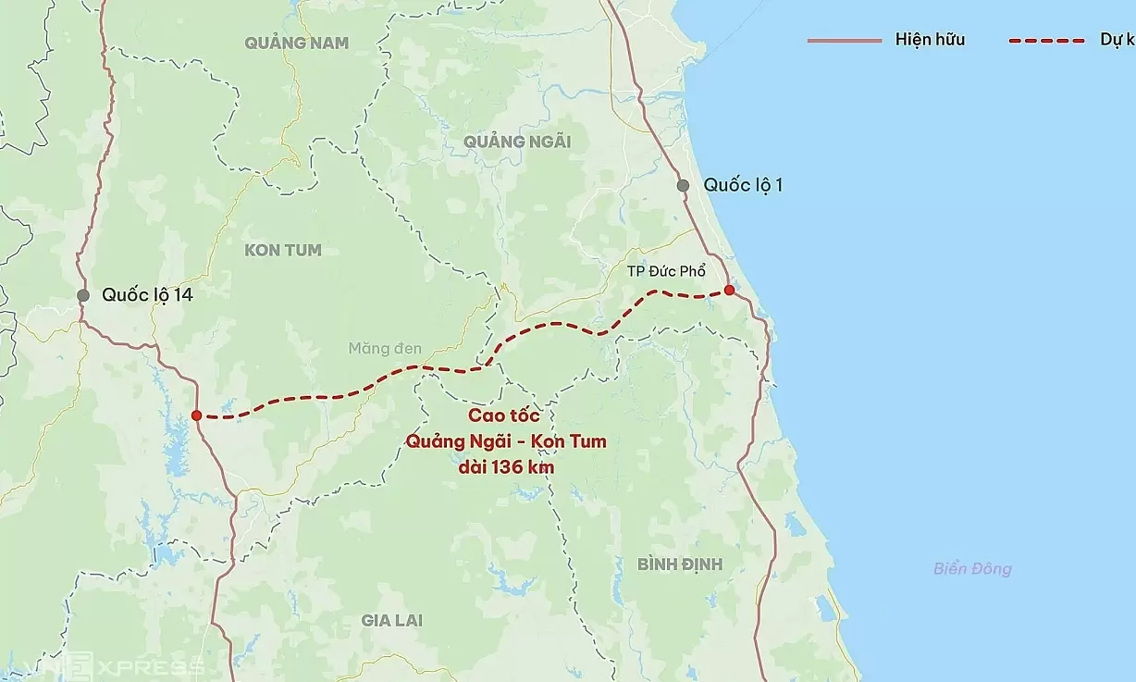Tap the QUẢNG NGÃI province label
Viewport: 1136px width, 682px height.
pyautogui.click(x=516, y=142)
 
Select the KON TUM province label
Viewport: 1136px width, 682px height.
pyautogui.click(x=283, y=250)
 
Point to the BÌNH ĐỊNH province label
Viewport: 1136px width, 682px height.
pyautogui.click(x=680, y=564)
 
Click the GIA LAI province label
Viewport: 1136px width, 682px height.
pyautogui.click(x=393, y=620)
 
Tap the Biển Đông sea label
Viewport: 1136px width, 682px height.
pyautogui.click(x=972, y=569)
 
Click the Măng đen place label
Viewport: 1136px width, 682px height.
pyautogui.click(x=385, y=349)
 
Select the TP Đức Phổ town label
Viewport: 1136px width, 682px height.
pyautogui.click(x=666, y=271)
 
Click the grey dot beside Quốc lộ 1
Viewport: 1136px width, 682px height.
pyautogui.click(x=683, y=185)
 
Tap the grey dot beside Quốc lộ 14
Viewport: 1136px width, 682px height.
pyautogui.click(x=83, y=295)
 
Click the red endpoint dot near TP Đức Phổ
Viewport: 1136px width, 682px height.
pyautogui.click(x=729, y=291)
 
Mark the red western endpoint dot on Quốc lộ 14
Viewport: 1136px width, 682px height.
pyautogui.click(x=196, y=415)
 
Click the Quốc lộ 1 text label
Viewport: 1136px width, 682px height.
pyautogui.click(x=743, y=185)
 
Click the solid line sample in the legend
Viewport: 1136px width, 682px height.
pyautogui.click(x=844, y=40)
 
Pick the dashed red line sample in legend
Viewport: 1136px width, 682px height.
pyautogui.click(x=1045, y=40)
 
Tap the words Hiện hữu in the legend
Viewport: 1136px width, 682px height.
pyautogui.click(x=930, y=40)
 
